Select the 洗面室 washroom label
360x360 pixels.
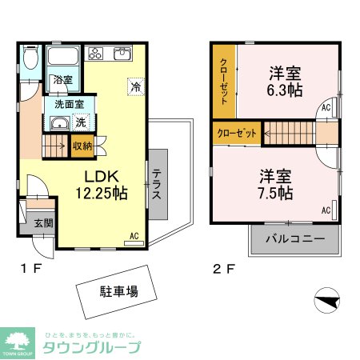click(x=70, y=104)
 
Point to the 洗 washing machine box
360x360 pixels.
click(x=80, y=122)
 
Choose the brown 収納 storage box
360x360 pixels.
click(x=82, y=145)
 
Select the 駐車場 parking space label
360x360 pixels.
click(x=118, y=291)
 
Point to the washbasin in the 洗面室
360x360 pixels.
click(x=58, y=124)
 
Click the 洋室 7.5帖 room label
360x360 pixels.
click(x=275, y=184)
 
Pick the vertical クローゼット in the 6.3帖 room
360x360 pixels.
click(x=224, y=79)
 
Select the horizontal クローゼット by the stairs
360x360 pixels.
click(x=237, y=133)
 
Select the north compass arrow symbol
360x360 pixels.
click(x=328, y=301)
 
